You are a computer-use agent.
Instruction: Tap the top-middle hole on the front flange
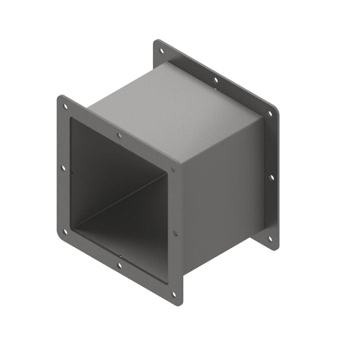pyautogui.click(x=119, y=136)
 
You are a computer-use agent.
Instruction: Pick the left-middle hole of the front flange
pyautogui.click(x=63, y=168)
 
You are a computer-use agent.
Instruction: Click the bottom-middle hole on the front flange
pyautogui.click(x=120, y=265)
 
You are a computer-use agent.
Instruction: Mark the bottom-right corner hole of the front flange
pyautogui.click(x=174, y=294)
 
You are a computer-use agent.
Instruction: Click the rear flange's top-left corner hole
pyautogui.click(x=162, y=51)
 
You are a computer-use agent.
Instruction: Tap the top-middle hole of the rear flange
pyautogui.click(x=215, y=80)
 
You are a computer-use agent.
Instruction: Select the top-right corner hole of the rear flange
pyautogui.click(x=270, y=113)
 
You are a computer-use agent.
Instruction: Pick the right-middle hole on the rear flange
pyautogui.click(x=271, y=177)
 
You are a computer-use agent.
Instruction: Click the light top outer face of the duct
pyautogui.click(x=174, y=109)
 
